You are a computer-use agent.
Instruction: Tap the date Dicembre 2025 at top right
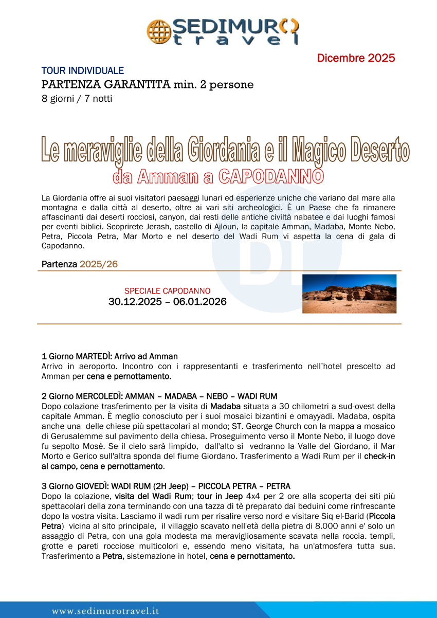356,58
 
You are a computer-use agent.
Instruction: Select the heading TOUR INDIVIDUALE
83,71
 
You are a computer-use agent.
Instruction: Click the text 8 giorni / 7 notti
77,98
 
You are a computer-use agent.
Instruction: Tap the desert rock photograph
349,294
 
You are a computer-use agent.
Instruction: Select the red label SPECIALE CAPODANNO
167,291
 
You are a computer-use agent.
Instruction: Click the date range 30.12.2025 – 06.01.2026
168,302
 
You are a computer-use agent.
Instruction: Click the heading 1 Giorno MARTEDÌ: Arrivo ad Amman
110,356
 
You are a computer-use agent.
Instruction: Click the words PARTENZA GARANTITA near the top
105,84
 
